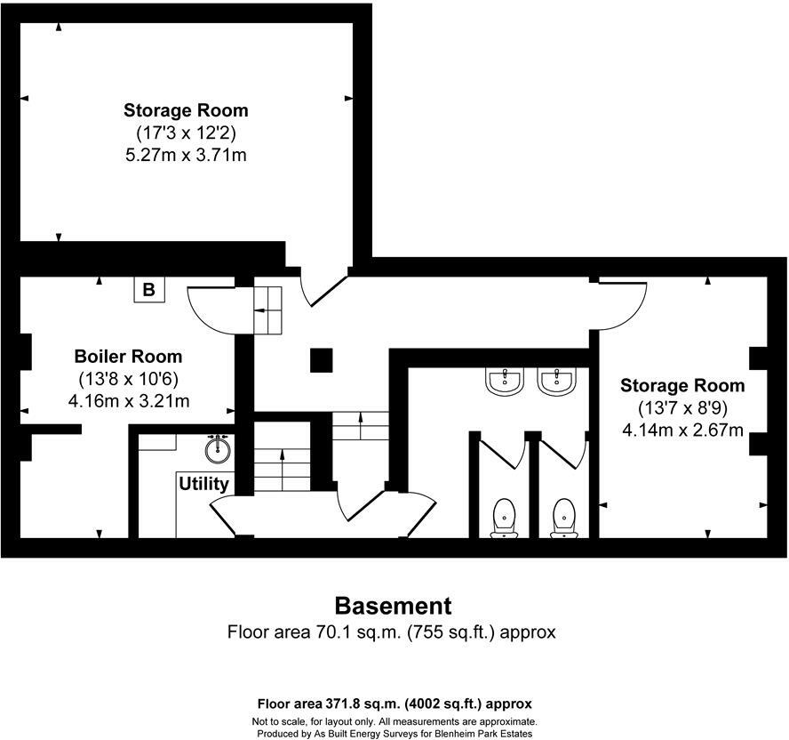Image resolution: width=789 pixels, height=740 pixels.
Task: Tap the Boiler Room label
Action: pyautogui.click(x=128, y=357)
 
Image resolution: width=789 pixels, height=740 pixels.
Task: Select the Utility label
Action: pyautogui.click(x=203, y=484)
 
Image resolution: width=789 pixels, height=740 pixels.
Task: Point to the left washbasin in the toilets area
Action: pyautogui.click(x=504, y=382)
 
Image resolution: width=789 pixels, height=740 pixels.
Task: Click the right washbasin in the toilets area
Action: pyautogui.click(x=557, y=382)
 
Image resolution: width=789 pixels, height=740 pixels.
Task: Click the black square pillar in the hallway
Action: pyautogui.click(x=322, y=360)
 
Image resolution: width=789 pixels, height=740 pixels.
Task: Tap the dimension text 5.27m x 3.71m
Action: pyautogui.click(x=186, y=155)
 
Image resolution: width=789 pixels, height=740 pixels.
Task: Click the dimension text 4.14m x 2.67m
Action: pyautogui.click(x=682, y=430)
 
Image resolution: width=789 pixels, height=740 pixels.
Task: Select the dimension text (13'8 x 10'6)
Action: pyautogui.click(x=128, y=379)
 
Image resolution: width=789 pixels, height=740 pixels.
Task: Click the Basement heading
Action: pyautogui.click(x=393, y=607)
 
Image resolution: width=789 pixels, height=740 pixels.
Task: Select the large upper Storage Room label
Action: pyautogui.click(x=186, y=111)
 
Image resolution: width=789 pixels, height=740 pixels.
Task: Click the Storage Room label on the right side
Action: pyautogui.click(x=682, y=386)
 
